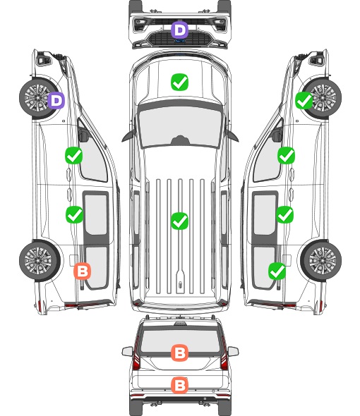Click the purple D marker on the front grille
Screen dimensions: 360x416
179,30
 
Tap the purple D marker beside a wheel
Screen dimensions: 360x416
56,100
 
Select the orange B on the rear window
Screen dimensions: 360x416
179,353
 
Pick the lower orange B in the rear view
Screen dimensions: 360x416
179,385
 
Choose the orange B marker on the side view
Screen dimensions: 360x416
83,271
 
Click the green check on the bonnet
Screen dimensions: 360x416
179,82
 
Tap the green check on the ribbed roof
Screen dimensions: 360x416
179,221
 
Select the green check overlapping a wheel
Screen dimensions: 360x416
304,101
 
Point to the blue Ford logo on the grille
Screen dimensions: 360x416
180,41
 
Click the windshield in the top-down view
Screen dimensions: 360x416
180,126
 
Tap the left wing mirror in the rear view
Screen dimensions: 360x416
127,352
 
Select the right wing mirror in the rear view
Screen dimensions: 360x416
233,352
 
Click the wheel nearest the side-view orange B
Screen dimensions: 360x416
39,260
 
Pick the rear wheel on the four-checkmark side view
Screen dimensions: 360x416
321,260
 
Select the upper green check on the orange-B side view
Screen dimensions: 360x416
74,155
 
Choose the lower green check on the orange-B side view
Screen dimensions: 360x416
74,214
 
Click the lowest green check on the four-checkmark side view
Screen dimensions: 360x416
277,271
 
